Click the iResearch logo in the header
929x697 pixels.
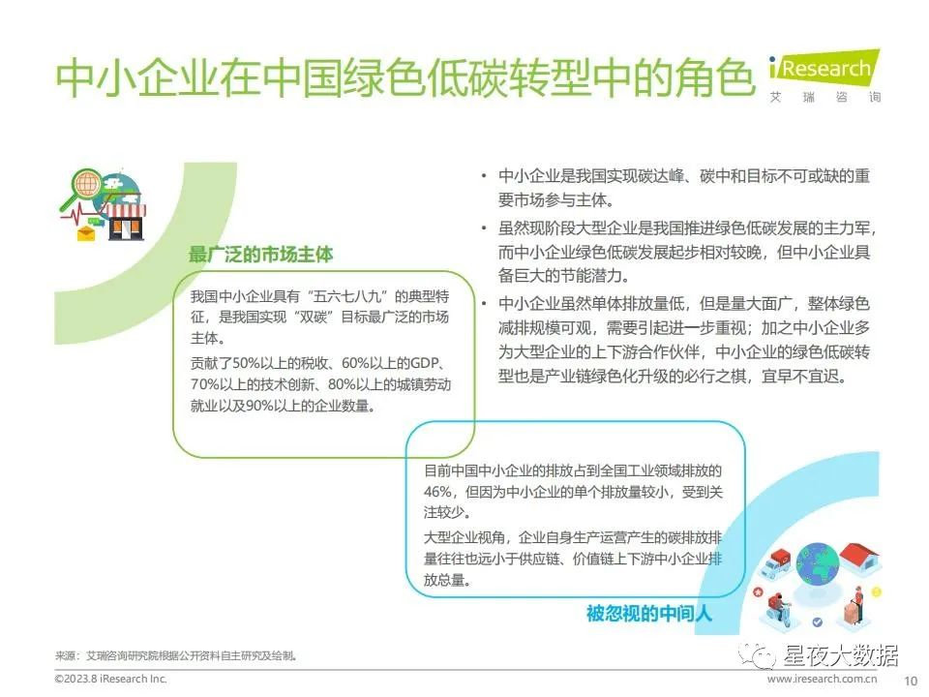coord(824,77)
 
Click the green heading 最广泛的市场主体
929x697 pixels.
coord(260,255)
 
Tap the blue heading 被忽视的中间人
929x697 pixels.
coord(648,613)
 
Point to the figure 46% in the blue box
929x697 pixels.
coord(438,492)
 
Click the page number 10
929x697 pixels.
coord(910,681)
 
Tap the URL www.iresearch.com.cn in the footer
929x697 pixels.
coord(822,680)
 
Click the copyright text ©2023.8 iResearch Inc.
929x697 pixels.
coord(110,680)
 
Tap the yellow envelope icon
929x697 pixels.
coord(86,233)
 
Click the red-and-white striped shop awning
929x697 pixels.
coord(124,210)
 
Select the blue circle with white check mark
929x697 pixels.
coord(818,621)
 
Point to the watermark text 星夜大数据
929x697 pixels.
coord(840,655)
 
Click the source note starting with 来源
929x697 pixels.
coord(176,655)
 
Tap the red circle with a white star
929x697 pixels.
coord(757,591)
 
